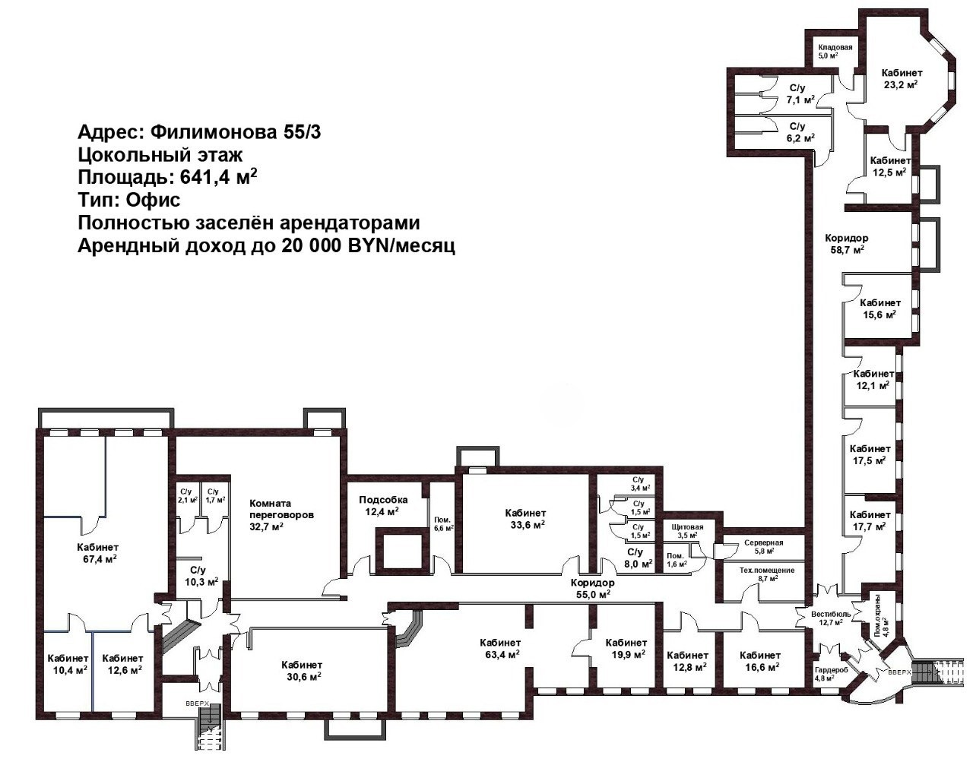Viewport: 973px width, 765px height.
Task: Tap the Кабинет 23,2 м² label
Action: (902, 78)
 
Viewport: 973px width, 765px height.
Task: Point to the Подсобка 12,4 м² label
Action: (383, 506)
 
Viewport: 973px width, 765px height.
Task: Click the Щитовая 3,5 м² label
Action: (687, 531)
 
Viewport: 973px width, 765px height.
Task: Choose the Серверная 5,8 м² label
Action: (764, 546)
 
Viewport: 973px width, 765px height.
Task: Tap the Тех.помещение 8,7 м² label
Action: (767, 574)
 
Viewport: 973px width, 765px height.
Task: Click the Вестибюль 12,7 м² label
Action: (831, 618)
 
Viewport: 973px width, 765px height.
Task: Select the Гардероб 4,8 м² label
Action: (831, 674)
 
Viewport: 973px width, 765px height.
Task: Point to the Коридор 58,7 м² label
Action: (846, 243)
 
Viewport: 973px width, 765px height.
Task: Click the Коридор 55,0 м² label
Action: (592, 588)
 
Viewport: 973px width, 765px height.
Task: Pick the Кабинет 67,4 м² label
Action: (97, 552)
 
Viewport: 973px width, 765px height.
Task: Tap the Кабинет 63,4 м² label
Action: (500, 648)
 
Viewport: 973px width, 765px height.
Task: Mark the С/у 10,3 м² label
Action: (201, 576)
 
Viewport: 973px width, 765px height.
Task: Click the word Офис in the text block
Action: (153, 199)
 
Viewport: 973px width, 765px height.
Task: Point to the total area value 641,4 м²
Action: (219, 176)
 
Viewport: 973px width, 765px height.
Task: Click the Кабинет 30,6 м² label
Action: (302, 671)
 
